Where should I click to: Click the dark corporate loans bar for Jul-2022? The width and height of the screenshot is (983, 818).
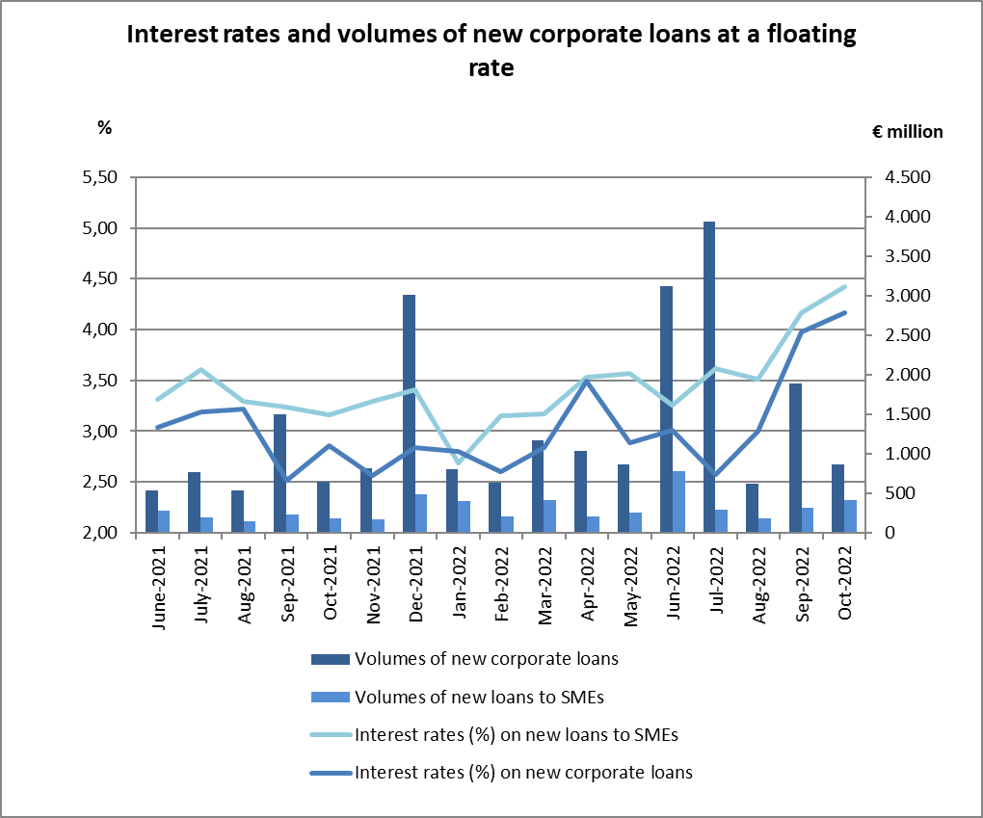click(x=709, y=377)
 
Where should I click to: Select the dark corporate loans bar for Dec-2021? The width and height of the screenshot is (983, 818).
click(x=409, y=413)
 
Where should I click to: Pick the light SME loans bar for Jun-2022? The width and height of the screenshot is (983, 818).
click(x=678, y=501)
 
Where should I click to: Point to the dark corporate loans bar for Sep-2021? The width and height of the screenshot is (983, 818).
click(x=279, y=473)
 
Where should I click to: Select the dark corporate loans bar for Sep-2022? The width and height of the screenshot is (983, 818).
click(x=795, y=458)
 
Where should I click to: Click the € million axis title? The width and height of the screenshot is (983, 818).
click(x=900, y=132)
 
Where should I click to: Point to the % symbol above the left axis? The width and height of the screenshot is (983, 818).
click(x=105, y=126)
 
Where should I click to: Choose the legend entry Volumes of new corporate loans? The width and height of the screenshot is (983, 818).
click(x=487, y=660)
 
